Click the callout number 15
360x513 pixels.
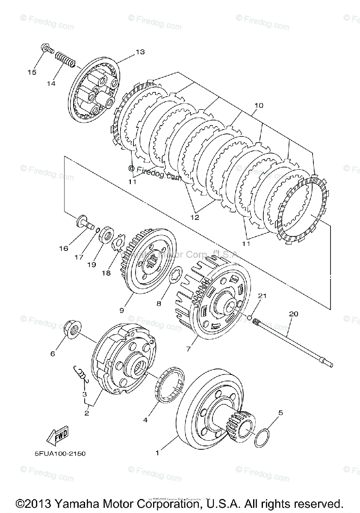pos(32,72)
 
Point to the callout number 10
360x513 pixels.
pos(258,105)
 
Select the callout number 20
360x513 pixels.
pos(293,313)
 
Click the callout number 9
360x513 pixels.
pos(121,310)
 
